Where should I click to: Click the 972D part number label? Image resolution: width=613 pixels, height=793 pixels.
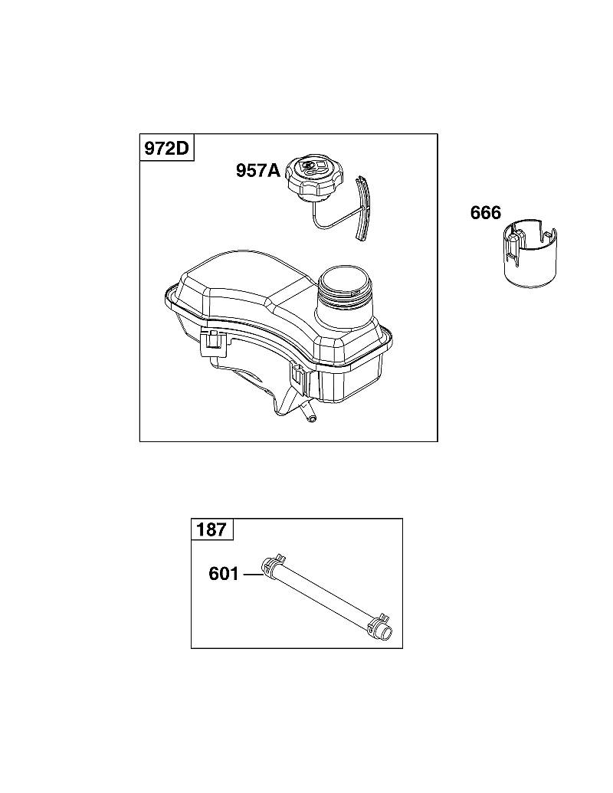coord(166,148)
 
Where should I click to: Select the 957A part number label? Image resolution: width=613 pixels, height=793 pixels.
coord(258,170)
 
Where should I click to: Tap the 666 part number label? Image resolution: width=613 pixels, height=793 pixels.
coord(486,213)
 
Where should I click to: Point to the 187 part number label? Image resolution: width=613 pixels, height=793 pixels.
coord(211,529)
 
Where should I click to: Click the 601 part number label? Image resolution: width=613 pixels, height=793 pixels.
coord(224,574)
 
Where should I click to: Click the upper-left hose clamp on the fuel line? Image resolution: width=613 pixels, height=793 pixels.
coord(273,564)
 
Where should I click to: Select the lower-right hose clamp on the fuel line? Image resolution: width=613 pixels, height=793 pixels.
coord(379,624)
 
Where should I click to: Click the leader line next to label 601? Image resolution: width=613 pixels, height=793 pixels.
coord(252,574)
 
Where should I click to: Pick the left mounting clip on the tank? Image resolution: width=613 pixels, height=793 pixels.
coord(214,340)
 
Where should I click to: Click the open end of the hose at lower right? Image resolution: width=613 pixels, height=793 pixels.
coord(388,632)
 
